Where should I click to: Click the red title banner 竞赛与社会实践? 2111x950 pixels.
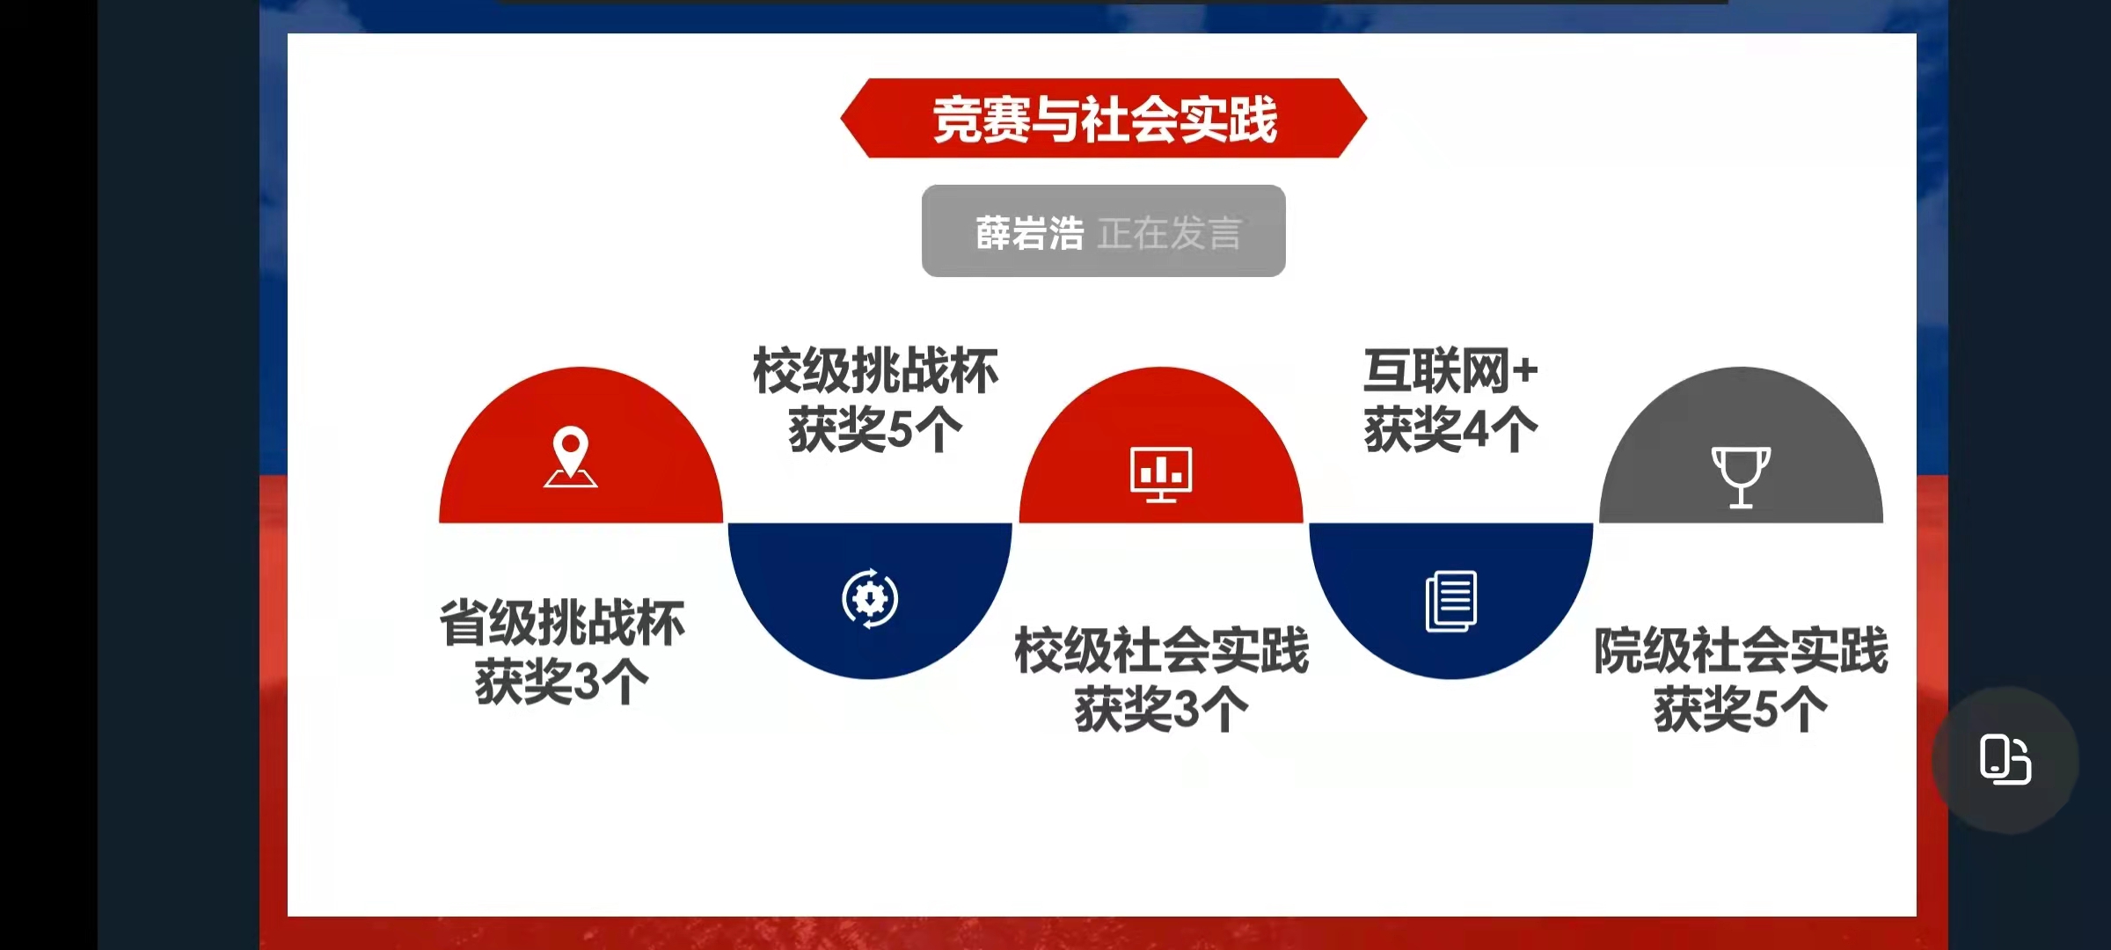(x=1104, y=118)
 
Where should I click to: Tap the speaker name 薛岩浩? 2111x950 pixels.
(x=1029, y=233)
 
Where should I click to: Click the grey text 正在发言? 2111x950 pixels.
(x=1170, y=233)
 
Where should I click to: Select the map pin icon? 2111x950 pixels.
(x=570, y=457)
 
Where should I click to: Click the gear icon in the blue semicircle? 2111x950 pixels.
(x=870, y=598)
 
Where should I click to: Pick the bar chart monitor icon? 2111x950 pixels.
(x=1161, y=474)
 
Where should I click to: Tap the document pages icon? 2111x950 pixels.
(x=1451, y=601)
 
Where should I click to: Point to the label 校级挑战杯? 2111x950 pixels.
(x=875, y=370)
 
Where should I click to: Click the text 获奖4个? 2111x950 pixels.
(x=1451, y=429)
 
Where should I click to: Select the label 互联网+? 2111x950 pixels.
(x=1451, y=370)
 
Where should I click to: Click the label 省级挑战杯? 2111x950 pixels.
(x=562, y=623)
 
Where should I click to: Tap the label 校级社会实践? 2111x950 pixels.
(x=1161, y=651)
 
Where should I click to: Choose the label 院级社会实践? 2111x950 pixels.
(x=1741, y=651)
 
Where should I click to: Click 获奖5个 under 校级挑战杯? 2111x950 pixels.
(x=875, y=429)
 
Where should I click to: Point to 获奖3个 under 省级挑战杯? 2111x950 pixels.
(x=562, y=682)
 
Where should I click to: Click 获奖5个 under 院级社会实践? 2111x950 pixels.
(x=1741, y=709)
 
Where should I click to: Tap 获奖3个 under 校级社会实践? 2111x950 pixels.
(x=1161, y=709)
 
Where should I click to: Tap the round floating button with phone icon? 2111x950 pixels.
(x=2005, y=759)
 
